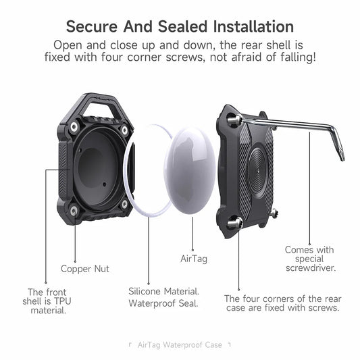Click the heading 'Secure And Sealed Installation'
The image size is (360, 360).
pyautogui.click(x=180, y=26)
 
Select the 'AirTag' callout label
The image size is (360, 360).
pyautogui.click(x=193, y=258)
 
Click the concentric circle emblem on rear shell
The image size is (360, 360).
pyautogui.click(x=253, y=170)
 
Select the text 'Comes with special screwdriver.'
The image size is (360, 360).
pyautogui.click(x=310, y=259)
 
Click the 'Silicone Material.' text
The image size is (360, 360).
pyautogui.click(x=163, y=291)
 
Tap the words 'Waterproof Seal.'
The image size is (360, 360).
pyautogui.click(x=163, y=303)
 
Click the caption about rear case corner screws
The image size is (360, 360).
pyautogui.click(x=282, y=303)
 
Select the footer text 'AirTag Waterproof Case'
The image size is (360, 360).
pyautogui.click(x=180, y=344)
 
